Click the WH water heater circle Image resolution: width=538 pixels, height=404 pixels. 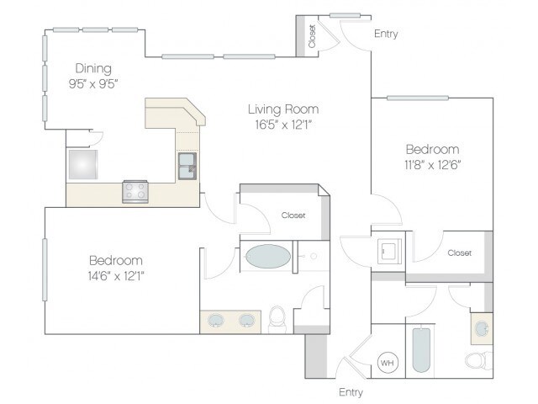(388, 363)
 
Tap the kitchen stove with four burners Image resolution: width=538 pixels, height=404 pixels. (135, 192)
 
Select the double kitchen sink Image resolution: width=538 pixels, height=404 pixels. (187, 167)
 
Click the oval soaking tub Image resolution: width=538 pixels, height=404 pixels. (268, 256)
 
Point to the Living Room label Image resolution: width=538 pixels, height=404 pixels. (283, 109)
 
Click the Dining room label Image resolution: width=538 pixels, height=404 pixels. (93, 68)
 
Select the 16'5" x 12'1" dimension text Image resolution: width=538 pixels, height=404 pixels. (283, 125)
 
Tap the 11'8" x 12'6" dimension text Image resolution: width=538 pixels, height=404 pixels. (432, 165)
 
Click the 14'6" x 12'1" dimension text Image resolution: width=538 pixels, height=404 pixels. (116, 275)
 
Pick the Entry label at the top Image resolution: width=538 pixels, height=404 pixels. (386, 34)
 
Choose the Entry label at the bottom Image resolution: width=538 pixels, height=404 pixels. (351, 392)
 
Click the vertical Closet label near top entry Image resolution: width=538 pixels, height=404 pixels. (312, 36)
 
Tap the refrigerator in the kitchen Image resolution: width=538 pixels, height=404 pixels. (83, 165)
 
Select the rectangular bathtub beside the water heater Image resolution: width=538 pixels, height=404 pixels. (421, 350)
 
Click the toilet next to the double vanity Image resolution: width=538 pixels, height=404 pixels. (277, 319)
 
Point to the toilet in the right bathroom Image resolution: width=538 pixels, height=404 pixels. (479, 359)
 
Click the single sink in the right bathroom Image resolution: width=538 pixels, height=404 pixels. (482, 329)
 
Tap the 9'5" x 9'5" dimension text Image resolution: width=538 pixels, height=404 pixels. (93, 83)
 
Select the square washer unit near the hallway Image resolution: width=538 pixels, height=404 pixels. (390, 252)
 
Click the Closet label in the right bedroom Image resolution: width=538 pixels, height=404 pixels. (460, 252)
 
